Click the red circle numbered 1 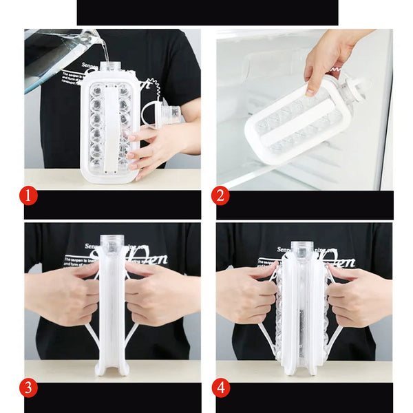pos(28,196)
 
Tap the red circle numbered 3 pos(28,388)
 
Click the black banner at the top pos(206,12)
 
